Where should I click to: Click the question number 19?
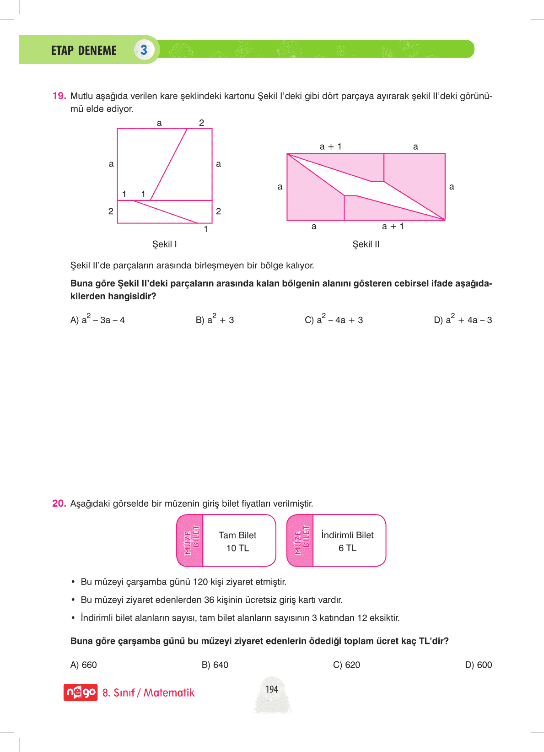pyautogui.click(x=59, y=96)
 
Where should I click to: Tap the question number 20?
pyautogui.click(x=59, y=503)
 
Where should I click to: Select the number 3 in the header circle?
pyautogui.click(x=144, y=50)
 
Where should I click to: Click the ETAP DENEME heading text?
pyautogui.click(x=84, y=50)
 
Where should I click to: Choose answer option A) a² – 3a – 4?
pyautogui.click(x=97, y=319)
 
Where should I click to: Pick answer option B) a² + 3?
pyautogui.click(x=215, y=319)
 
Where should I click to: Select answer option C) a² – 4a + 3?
pyautogui.click(x=334, y=319)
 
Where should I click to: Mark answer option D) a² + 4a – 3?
pyautogui.click(x=463, y=319)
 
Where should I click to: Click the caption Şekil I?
pyautogui.click(x=165, y=244)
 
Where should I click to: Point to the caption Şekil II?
pyautogui.click(x=366, y=244)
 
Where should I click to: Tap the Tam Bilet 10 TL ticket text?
pyautogui.click(x=237, y=541)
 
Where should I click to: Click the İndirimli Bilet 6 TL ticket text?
pyautogui.click(x=347, y=541)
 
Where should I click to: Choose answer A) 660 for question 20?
pyautogui.click(x=84, y=665)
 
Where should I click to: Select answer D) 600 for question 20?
pyautogui.click(x=478, y=665)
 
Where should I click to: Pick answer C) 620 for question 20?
pyautogui.click(x=346, y=665)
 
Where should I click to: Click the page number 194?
pyautogui.click(x=272, y=689)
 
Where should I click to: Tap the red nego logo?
pyautogui.click(x=81, y=692)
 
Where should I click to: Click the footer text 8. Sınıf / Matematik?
pyautogui.click(x=148, y=693)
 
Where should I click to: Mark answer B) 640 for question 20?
pyautogui.click(x=215, y=665)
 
